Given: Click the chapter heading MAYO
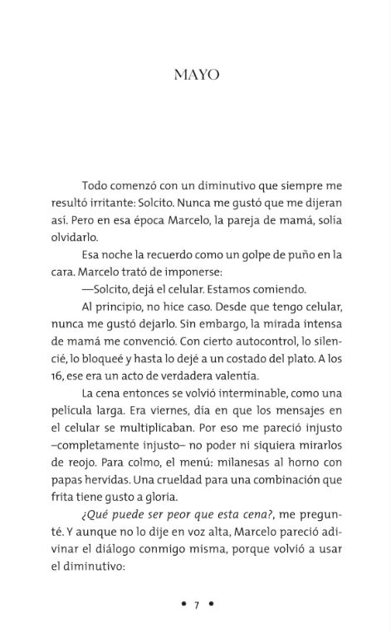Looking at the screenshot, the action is [196, 75].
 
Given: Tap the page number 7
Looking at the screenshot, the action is [197, 604].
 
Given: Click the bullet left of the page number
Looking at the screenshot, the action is [183, 604].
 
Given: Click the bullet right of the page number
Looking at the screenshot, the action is [211, 604].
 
